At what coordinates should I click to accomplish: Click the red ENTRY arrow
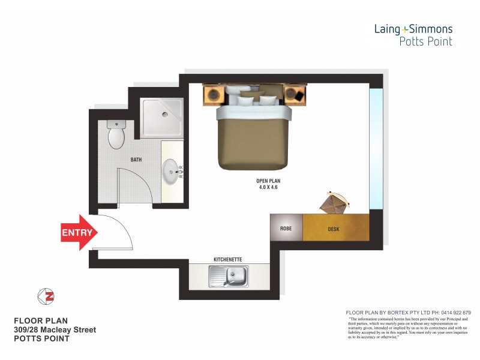point(77,232)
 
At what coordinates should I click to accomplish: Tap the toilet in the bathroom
point(116,135)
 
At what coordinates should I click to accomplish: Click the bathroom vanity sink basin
point(171,172)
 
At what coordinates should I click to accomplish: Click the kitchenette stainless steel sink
point(228,277)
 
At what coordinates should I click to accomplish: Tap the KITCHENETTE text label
point(228,259)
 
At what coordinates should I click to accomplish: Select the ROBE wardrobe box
point(286,229)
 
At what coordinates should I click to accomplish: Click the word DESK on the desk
point(334,229)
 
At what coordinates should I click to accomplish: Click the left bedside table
point(214,94)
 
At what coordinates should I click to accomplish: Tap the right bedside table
point(294,94)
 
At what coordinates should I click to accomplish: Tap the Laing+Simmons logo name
point(413,29)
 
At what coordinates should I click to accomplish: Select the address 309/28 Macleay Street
point(55,330)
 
